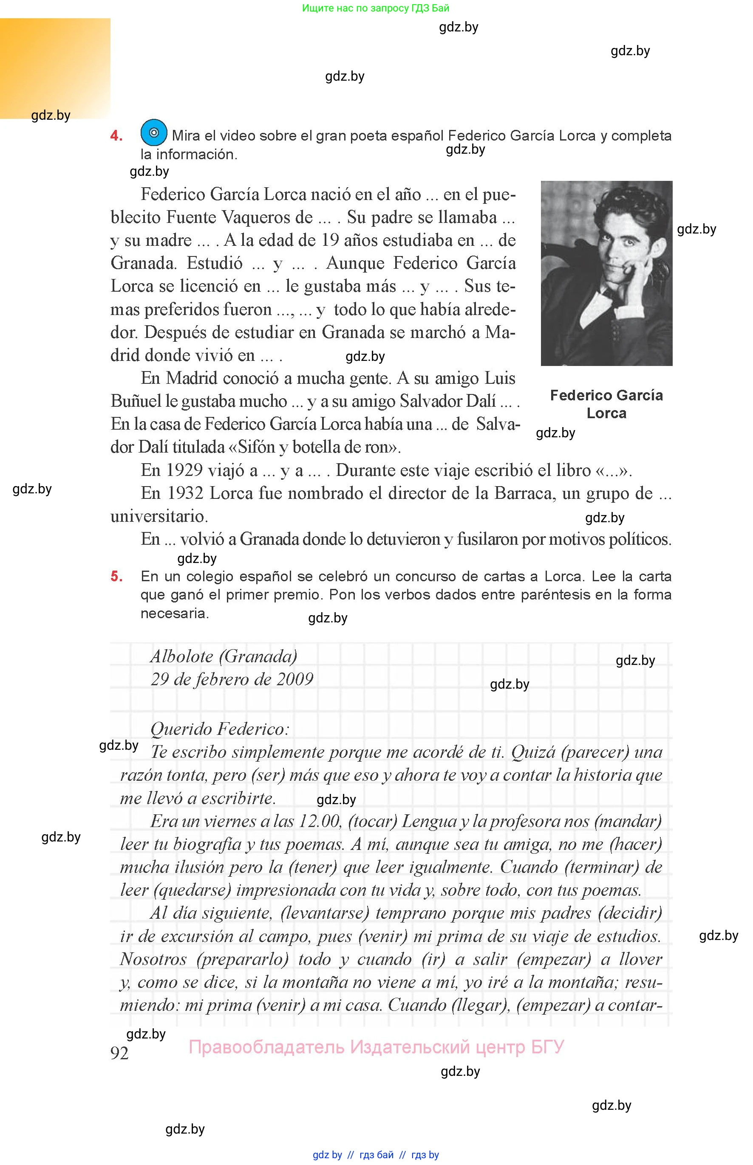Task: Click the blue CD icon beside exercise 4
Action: tap(153, 132)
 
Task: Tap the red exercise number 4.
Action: tap(116, 136)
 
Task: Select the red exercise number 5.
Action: tap(116, 577)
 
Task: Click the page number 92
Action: tap(120, 1053)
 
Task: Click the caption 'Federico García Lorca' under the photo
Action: tap(606, 404)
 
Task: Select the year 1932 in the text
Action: tap(185, 493)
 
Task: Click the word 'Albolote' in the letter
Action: tap(182, 656)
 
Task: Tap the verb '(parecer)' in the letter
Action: tap(594, 752)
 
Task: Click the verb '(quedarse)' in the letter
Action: tap(192, 890)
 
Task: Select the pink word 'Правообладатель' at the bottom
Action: tap(266, 1047)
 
